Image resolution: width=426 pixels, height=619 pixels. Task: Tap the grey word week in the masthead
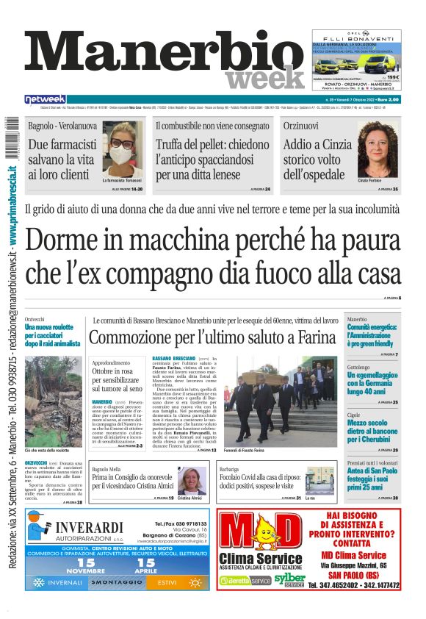tap(256, 79)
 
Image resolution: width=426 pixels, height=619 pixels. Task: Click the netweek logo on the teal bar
tap(45, 99)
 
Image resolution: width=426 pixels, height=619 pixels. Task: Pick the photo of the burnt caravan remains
tap(52, 393)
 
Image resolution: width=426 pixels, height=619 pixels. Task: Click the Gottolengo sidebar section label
tap(358, 367)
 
